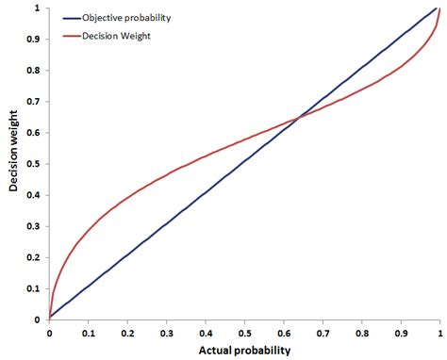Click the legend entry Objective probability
click(134, 18)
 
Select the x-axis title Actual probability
click(244, 350)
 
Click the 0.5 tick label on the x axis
click(244, 332)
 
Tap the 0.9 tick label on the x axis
click(401, 332)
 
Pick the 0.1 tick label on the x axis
click(88, 332)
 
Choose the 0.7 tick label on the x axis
click(323, 332)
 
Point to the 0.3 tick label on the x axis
click(166, 332)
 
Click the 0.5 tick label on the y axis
click(36, 164)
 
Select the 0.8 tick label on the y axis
click(36, 71)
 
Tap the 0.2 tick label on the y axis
click(36, 257)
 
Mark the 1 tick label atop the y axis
click(39, 8)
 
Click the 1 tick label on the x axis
click(439, 332)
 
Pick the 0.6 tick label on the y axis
click(36, 133)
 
